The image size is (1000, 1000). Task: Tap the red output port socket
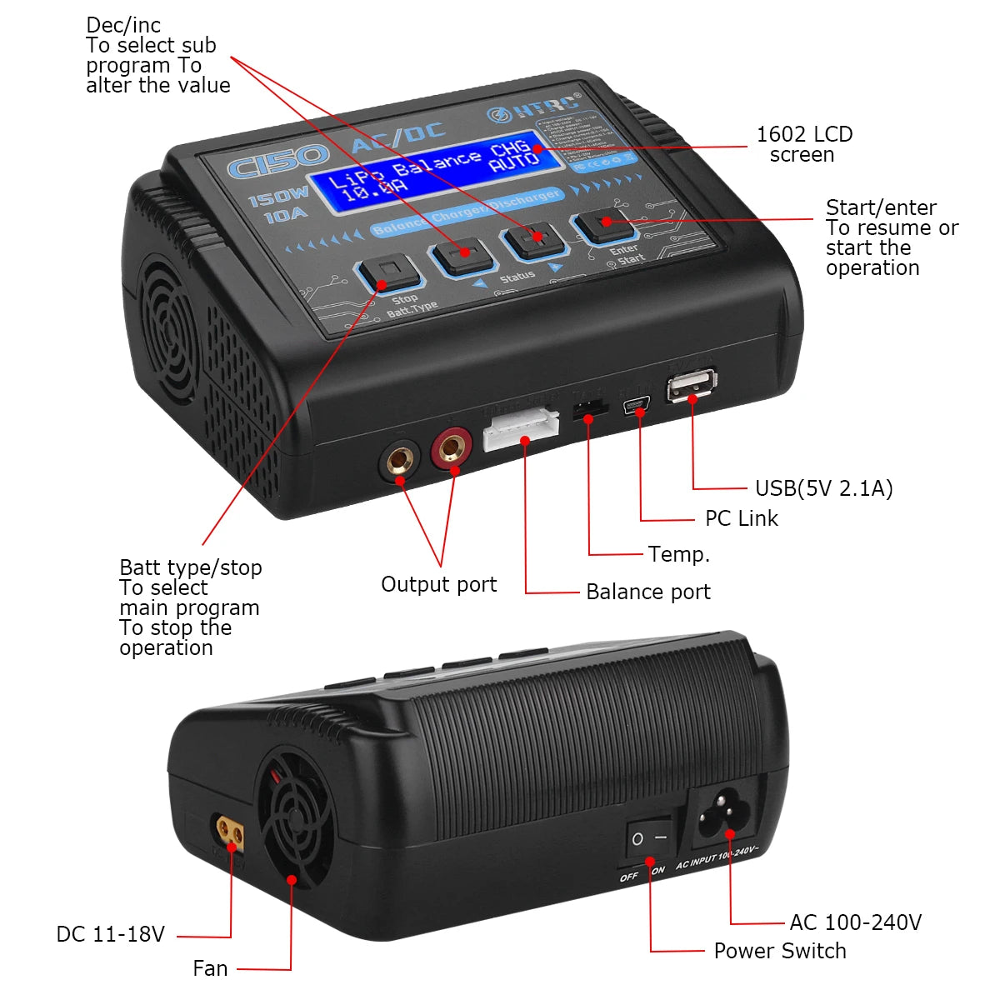click(x=452, y=449)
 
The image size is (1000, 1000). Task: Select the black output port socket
click(x=400, y=460)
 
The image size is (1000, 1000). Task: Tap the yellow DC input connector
click(x=230, y=831)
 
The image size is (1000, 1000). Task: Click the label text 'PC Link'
click(x=741, y=518)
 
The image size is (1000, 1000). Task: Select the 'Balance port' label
click(x=647, y=592)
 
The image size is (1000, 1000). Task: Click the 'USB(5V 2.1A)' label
click(x=823, y=488)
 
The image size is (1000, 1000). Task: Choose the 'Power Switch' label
click(x=779, y=951)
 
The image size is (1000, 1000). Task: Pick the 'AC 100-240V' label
click(x=855, y=922)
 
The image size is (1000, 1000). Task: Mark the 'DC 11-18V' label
click(x=110, y=934)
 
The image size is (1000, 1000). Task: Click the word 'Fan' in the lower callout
click(x=210, y=968)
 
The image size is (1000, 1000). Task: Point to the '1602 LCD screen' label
click(x=803, y=144)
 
